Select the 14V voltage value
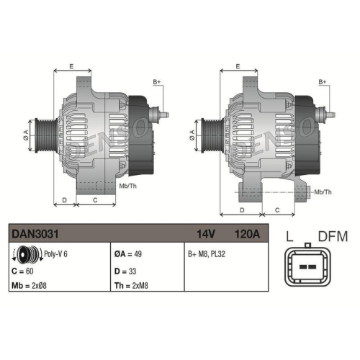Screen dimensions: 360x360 tap(207, 233)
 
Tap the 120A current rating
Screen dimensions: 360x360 tap(246, 233)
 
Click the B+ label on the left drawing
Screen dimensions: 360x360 tap(157, 83)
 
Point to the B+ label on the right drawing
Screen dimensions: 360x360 tap(324, 83)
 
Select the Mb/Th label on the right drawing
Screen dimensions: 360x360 tap(323, 192)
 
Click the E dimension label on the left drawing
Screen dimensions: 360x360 tap(71, 66)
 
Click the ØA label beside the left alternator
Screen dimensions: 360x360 tap(27, 132)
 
